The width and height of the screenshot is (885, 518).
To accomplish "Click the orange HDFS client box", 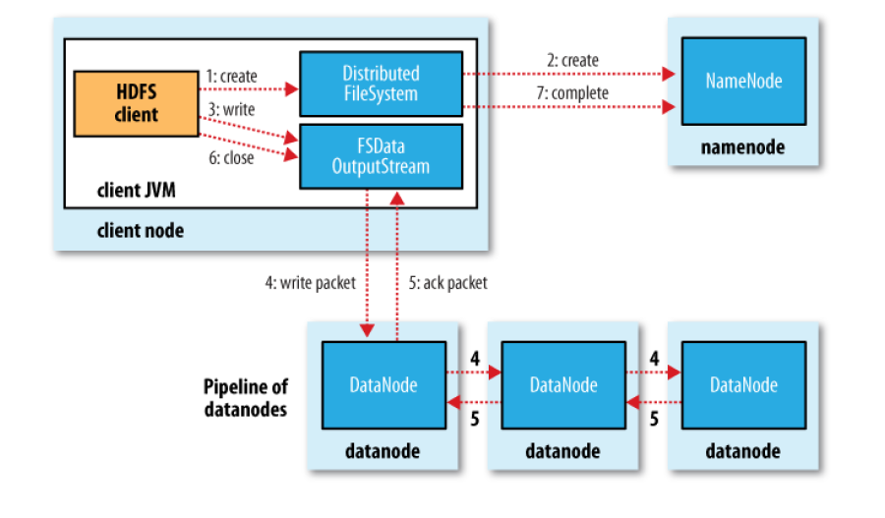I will coord(136,103).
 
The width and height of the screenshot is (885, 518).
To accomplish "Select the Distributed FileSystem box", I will coord(380,84).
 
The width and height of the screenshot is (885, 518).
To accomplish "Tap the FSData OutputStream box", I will coord(380,155).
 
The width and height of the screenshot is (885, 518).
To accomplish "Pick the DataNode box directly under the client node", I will coord(383,384).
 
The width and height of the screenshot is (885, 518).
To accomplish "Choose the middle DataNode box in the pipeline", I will coord(563,384).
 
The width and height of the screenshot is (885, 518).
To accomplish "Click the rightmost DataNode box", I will coord(743,384).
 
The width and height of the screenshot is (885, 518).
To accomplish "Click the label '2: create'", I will coord(572,60).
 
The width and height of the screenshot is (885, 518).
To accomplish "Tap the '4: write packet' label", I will coord(306,283).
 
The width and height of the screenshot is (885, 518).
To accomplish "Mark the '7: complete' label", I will coord(578,92).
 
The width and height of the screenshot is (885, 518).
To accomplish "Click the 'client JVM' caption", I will coord(137,190).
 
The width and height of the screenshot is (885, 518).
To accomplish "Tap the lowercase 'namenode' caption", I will coord(742,147).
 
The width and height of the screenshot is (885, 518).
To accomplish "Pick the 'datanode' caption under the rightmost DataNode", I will coord(743,451).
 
